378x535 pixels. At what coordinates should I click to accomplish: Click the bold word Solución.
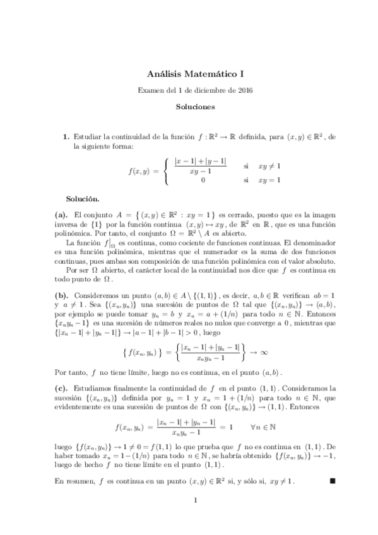click(83, 198)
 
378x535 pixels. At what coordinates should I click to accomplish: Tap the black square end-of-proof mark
click(333, 481)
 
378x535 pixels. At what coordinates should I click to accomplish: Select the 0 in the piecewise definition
click(203, 180)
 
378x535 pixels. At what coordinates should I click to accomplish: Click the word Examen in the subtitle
click(151, 90)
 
